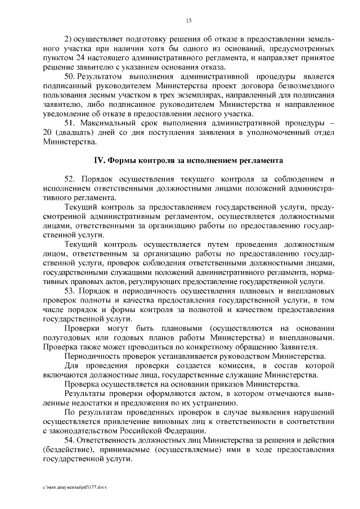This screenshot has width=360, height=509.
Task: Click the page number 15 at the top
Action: tap(188, 21)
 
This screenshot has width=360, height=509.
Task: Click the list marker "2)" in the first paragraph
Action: tap(69, 39)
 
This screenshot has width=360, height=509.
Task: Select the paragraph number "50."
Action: tap(70, 75)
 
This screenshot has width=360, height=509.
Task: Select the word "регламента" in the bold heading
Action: tap(259, 161)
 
